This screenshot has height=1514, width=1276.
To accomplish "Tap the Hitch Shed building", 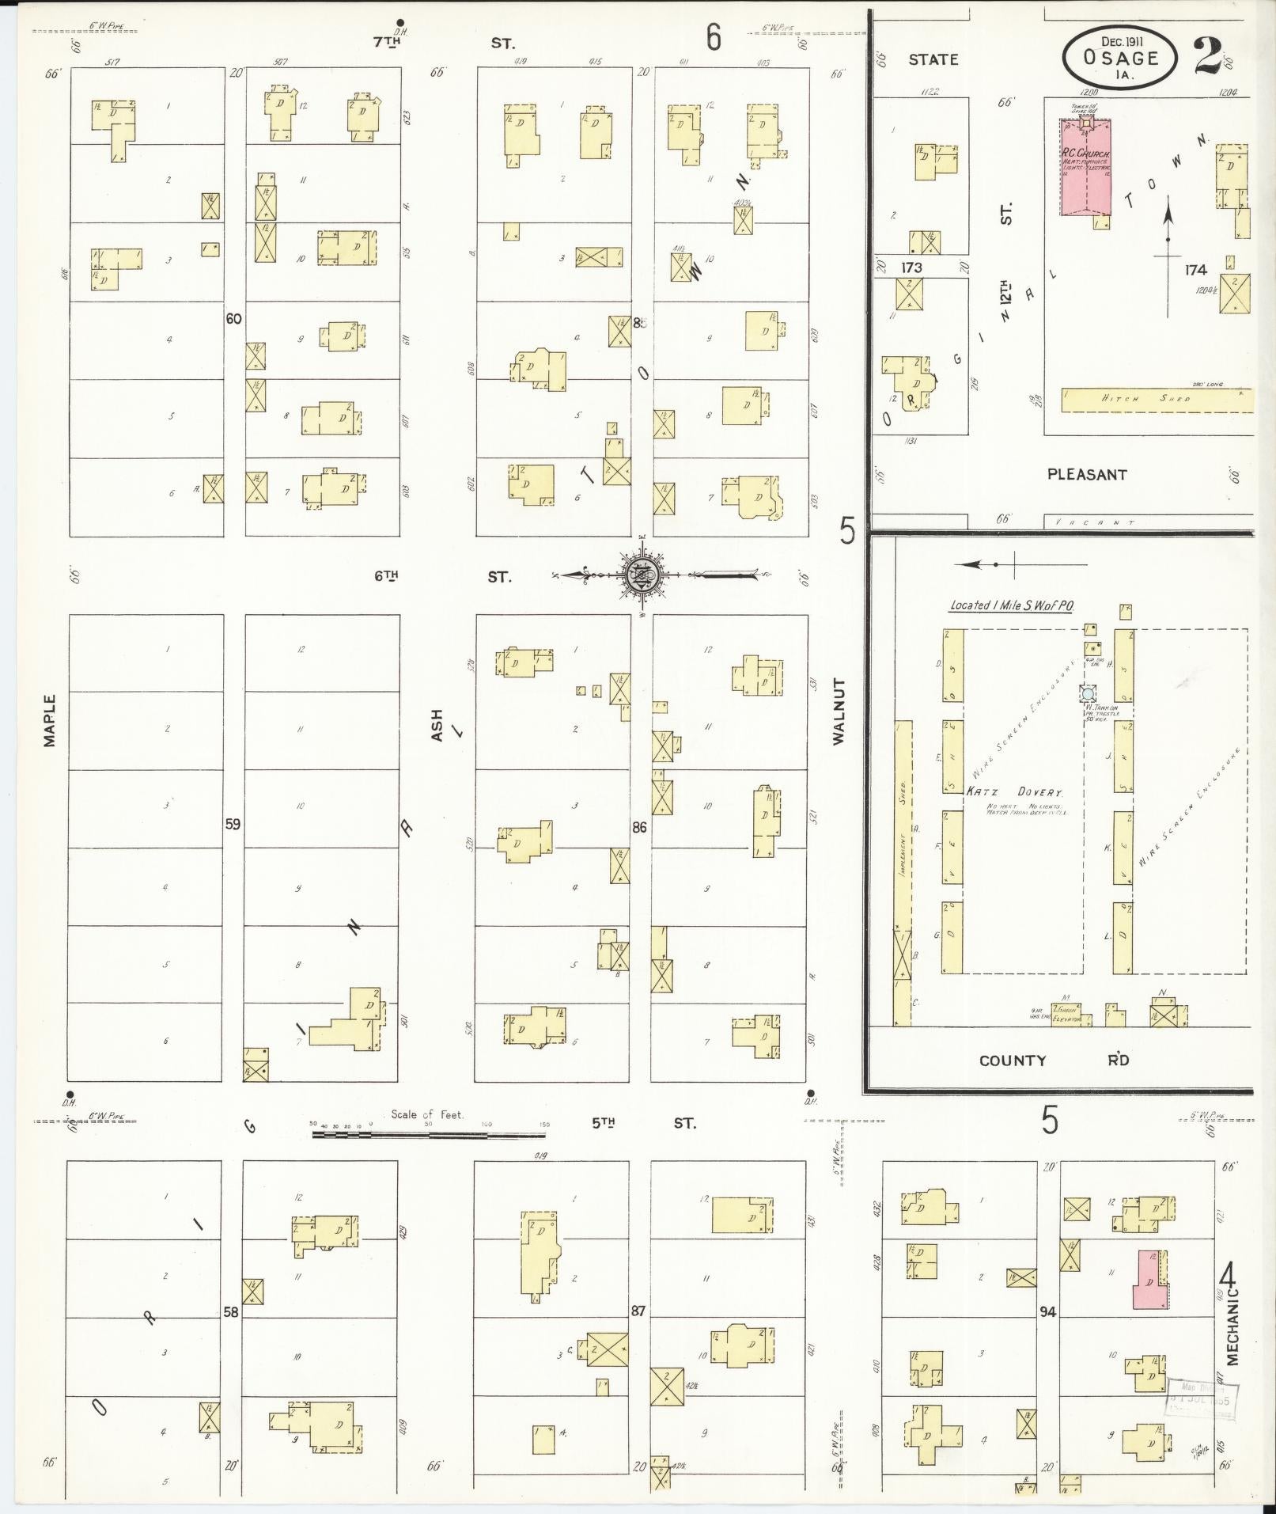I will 1156,400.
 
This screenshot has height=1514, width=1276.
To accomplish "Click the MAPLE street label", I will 50,719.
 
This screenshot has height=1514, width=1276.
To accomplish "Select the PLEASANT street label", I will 1087,475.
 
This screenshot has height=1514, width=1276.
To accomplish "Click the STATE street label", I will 933,59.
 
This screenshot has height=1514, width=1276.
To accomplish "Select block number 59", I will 233,824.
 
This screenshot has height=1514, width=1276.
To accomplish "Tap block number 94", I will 1047,1312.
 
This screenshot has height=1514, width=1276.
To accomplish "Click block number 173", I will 912,268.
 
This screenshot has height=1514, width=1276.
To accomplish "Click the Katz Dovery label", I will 1014,792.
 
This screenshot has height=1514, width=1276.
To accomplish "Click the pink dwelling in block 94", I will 1150,1280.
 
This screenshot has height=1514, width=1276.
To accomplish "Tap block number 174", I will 1195,270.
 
